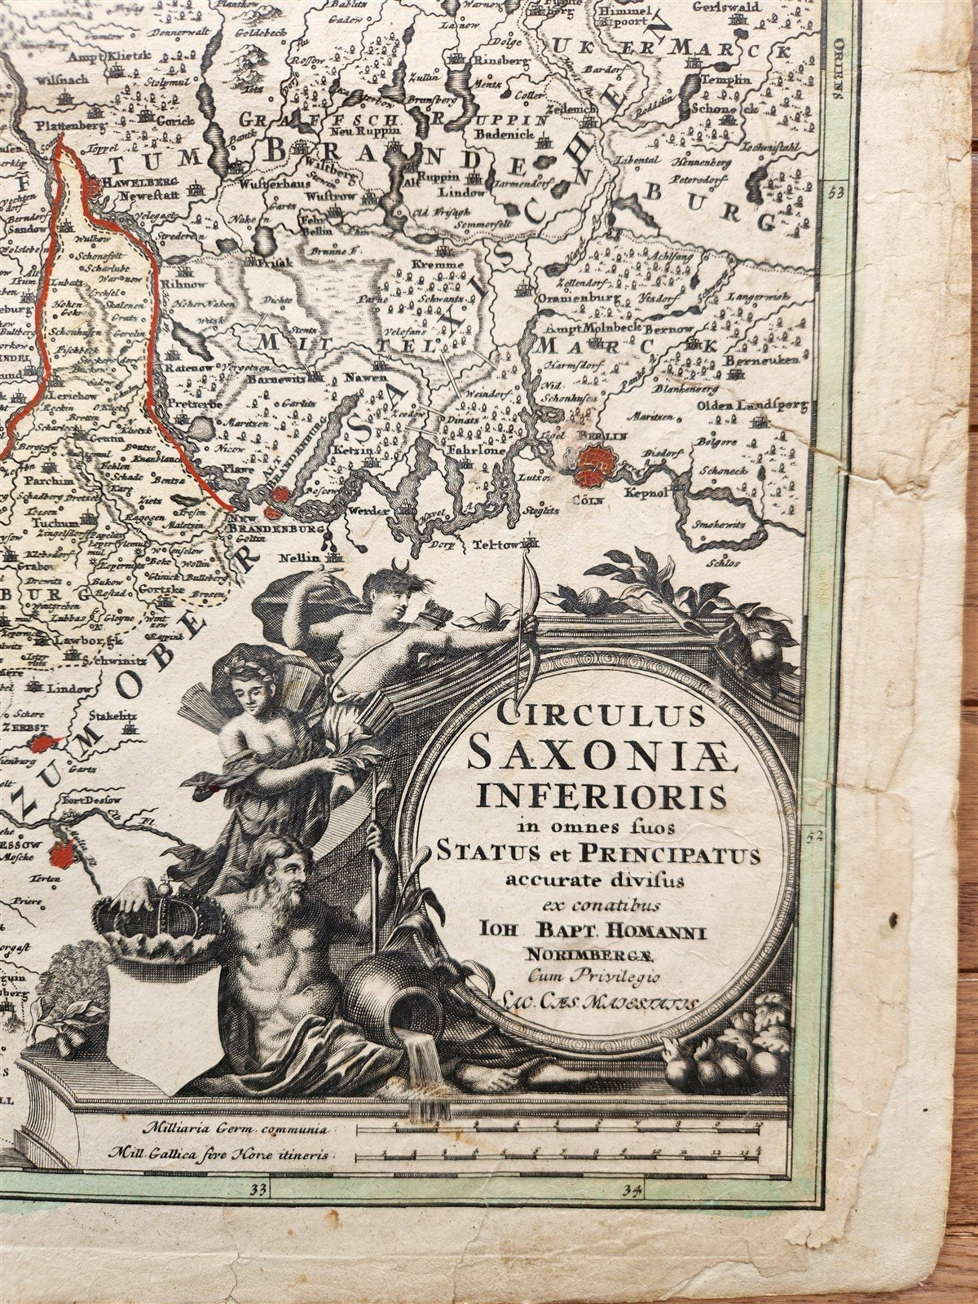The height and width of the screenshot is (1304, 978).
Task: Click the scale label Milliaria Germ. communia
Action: (x=234, y=1130)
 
